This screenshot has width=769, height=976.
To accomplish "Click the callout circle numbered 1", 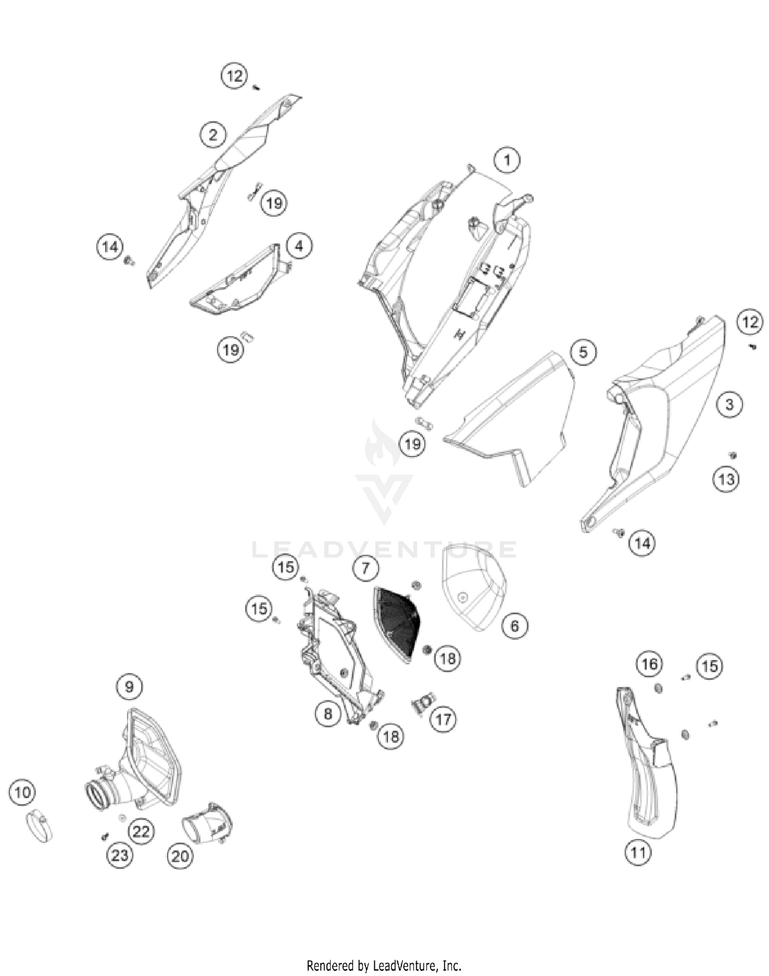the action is (x=507, y=160).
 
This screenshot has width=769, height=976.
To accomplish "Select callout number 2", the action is (x=213, y=135).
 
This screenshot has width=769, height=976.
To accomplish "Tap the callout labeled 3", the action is (x=729, y=404).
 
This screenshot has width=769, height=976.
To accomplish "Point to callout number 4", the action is (x=299, y=247).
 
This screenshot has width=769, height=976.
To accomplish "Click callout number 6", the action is (x=515, y=625).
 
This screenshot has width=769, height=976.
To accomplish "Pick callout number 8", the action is (x=328, y=714).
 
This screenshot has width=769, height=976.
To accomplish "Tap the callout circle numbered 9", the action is (x=129, y=686).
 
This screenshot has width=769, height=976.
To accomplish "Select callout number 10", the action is (x=22, y=793).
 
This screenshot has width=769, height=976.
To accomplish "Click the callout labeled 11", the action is (x=638, y=853).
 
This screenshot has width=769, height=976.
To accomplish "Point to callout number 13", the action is (x=726, y=480).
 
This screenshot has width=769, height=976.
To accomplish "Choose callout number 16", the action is (x=650, y=664).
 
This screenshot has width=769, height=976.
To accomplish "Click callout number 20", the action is (x=180, y=856).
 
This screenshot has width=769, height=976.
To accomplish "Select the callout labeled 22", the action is (x=141, y=831).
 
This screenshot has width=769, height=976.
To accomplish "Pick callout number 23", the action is (x=119, y=855).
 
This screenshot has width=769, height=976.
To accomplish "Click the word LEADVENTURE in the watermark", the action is (x=384, y=550).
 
